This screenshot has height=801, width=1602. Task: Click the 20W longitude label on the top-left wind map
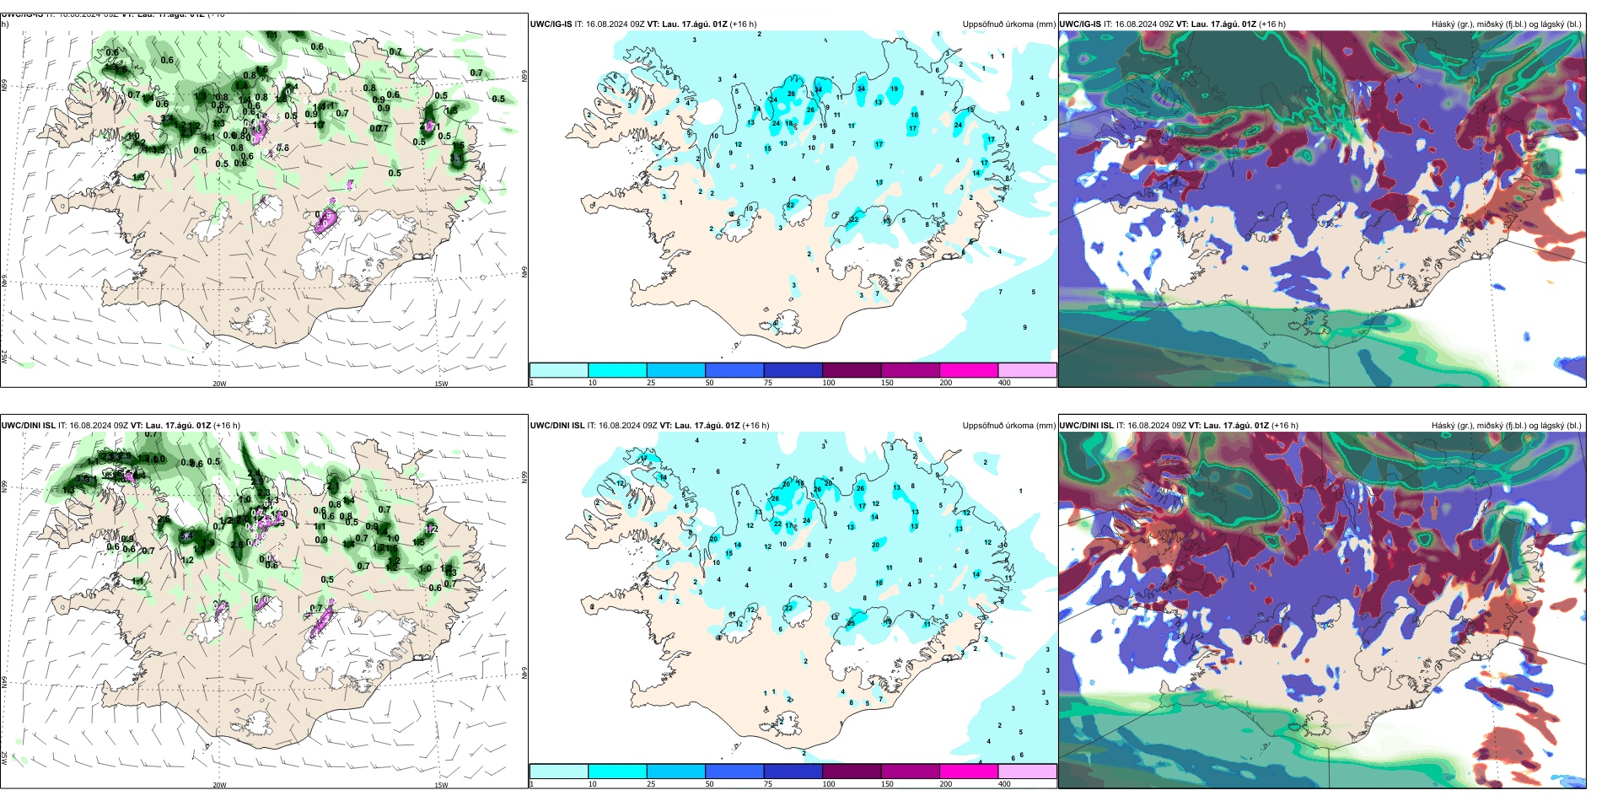pyautogui.click(x=219, y=384)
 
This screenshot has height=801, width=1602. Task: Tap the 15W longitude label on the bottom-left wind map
pyautogui.click(x=441, y=785)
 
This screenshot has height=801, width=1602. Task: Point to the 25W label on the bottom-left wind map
pyautogui.click(x=4, y=758)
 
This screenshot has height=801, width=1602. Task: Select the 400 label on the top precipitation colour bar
pyautogui.click(x=1004, y=383)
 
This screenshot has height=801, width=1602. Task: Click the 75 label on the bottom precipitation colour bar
pyautogui.click(x=768, y=784)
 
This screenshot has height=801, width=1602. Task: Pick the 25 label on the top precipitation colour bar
pyautogui.click(x=651, y=383)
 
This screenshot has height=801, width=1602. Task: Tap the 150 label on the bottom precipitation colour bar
pyautogui.click(x=887, y=784)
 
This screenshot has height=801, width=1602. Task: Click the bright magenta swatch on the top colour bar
pyautogui.click(x=969, y=370)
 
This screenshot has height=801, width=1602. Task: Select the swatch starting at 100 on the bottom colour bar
pyautogui.click(x=852, y=771)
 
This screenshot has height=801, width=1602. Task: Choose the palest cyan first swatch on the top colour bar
pyautogui.click(x=559, y=370)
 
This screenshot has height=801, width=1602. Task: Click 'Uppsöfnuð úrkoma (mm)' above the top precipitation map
pyautogui.click(x=1008, y=24)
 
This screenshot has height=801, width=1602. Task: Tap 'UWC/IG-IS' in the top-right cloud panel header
pyautogui.click(x=1080, y=24)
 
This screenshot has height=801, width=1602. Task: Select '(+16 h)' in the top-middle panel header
pyautogui.click(x=743, y=24)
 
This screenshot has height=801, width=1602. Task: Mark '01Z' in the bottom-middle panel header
pyautogui.click(x=718, y=426)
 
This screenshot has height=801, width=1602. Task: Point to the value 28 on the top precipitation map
pyautogui.click(x=791, y=94)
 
